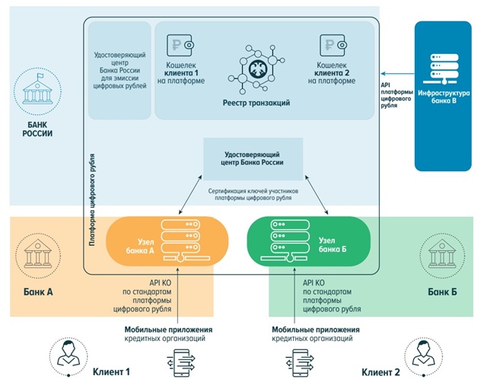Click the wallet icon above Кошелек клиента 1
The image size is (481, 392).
point(180,45)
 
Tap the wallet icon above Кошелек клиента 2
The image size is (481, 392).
point(333,45)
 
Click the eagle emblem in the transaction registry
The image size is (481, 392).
point(257,69)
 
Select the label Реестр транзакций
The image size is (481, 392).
point(256,103)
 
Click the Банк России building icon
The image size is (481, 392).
point(37,91)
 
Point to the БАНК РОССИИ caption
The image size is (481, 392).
point(37,129)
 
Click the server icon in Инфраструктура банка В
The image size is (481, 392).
point(444,69)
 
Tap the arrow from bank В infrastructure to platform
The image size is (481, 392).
point(397,74)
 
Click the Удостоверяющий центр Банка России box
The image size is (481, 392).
point(253,158)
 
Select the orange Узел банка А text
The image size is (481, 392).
point(140,246)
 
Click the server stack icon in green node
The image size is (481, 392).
point(285,241)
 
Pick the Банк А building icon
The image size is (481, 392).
point(38,255)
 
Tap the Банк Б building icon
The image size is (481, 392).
point(442,255)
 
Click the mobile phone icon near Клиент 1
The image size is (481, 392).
point(181,363)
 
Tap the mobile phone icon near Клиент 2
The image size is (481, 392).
point(300,363)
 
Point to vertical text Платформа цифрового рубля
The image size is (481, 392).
point(92,200)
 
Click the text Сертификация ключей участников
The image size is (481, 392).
point(253,191)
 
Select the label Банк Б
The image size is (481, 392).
point(442,292)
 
